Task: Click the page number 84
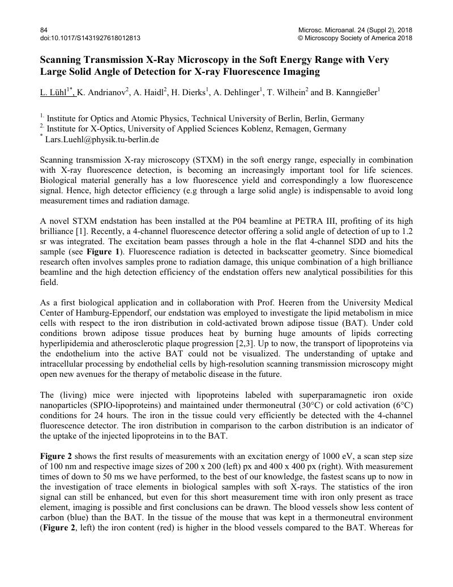[44, 29]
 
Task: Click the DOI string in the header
[90, 38]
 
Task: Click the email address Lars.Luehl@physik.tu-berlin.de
[102, 139]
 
